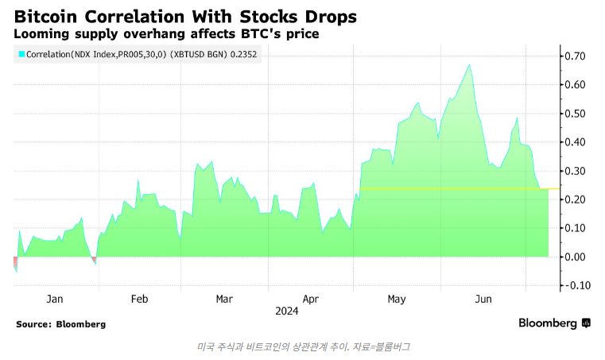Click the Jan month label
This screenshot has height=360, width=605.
tap(55, 299)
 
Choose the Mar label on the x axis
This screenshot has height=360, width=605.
tap(224, 299)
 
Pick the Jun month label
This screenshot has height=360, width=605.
tap(483, 299)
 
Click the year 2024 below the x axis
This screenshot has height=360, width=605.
tap(287, 311)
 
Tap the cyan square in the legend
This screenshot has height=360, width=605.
tap(21, 54)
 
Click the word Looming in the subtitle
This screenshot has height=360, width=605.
tap(45, 35)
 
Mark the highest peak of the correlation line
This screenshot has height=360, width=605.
tap(470, 64)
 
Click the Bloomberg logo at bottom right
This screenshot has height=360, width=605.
tap(554, 323)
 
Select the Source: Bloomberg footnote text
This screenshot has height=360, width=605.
tap(60, 324)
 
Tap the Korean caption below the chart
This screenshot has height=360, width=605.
tap(302, 346)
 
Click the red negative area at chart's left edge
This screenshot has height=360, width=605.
tap(15, 263)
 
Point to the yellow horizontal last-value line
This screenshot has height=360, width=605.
tap(453, 189)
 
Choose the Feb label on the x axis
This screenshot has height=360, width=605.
tap(139, 299)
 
